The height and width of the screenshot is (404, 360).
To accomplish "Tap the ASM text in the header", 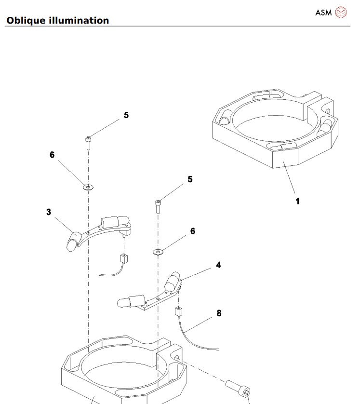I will (x=323, y=13).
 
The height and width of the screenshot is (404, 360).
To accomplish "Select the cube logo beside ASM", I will (x=341, y=12).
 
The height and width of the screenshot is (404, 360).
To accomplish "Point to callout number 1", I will (x=297, y=201).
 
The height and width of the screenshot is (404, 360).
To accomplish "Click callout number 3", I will (x=49, y=212).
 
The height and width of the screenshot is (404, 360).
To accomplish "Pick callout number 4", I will (x=218, y=265).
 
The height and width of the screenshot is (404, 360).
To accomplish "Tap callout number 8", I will (x=219, y=313).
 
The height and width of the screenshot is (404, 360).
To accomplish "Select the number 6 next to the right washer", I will (x=193, y=231).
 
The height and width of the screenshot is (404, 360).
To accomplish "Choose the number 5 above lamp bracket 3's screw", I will (x=126, y=115).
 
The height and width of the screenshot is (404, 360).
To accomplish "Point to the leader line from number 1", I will (x=291, y=178).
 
